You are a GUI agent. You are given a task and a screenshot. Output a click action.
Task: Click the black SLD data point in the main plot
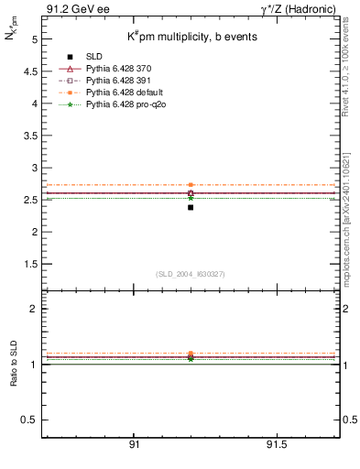coord(191,207)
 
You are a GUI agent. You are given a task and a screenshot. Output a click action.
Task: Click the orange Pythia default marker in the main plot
coord(191,185)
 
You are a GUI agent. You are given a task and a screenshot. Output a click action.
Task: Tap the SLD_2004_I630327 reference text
coord(191,274)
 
